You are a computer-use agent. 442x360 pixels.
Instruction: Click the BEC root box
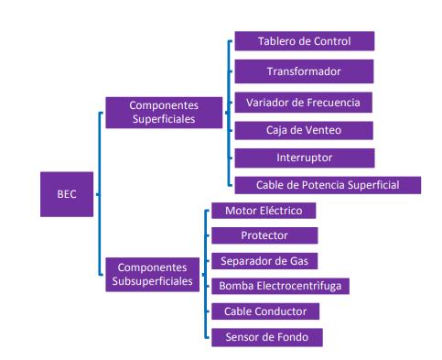tap(67, 194)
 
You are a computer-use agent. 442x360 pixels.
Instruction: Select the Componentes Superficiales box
tap(164, 113)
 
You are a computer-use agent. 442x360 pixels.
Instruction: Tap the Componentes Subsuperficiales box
tap(153, 274)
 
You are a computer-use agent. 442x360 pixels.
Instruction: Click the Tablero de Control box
tap(305, 41)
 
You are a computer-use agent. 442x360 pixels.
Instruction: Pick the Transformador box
tap(304, 71)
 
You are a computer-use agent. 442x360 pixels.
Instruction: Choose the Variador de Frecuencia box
tap(304, 103)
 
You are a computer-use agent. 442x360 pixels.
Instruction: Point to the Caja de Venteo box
tap(304, 130)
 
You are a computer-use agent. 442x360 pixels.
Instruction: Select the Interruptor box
tap(305, 158)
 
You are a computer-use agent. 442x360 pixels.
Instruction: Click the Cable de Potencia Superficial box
tap(328, 185)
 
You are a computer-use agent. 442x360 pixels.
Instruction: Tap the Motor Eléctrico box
tap(264, 211)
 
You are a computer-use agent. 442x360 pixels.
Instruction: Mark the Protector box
tap(264, 235)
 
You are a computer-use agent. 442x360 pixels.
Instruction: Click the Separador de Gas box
tap(264, 261)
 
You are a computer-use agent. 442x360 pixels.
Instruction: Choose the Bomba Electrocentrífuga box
tap(280, 286)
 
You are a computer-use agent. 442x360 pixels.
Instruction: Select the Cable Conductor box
tap(265, 311)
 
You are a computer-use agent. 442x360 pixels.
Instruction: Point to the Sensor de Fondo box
tap(267, 337)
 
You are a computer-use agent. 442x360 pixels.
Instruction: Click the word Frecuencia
tap(333, 103)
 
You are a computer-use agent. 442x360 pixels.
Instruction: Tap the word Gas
tap(299, 261)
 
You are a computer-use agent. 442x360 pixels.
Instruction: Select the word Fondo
tap(292, 337)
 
